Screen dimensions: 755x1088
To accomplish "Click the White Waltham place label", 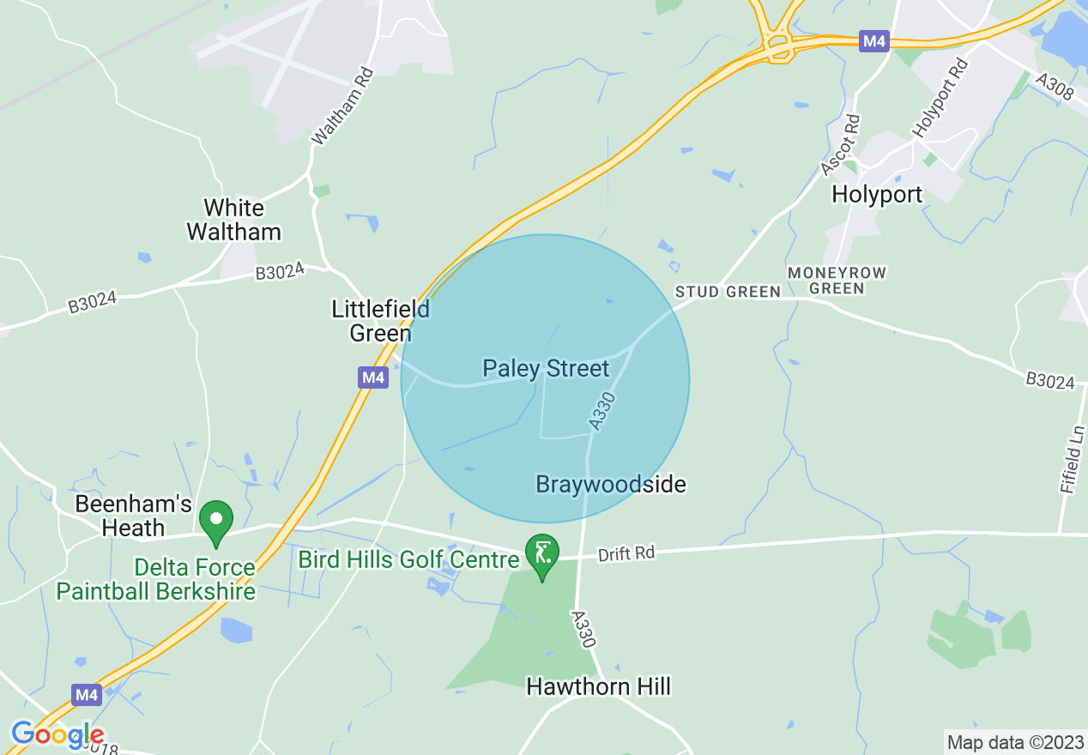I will pyautogui.click(x=233, y=220).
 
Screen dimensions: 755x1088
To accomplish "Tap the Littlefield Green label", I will pyautogui.click(x=380, y=321).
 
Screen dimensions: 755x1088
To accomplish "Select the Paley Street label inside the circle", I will pyautogui.click(x=546, y=369).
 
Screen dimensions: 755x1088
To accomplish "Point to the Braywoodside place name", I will pyautogui.click(x=610, y=485).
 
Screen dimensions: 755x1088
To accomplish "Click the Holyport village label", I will pyautogui.click(x=877, y=195).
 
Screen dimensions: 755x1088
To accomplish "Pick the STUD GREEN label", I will pyautogui.click(x=728, y=292).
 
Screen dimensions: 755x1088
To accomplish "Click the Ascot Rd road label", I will pyautogui.click(x=840, y=146).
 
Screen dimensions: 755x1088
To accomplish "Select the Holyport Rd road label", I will pyautogui.click(x=940, y=97).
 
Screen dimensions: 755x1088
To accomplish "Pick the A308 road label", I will pyautogui.click(x=1055, y=88).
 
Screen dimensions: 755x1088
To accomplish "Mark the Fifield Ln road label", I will pyautogui.click(x=1073, y=464).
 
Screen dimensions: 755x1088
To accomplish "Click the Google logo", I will pyautogui.click(x=57, y=735).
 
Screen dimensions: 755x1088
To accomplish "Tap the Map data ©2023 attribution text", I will pyautogui.click(x=1013, y=741).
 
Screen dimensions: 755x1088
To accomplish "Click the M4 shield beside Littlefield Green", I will pyautogui.click(x=373, y=377).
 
